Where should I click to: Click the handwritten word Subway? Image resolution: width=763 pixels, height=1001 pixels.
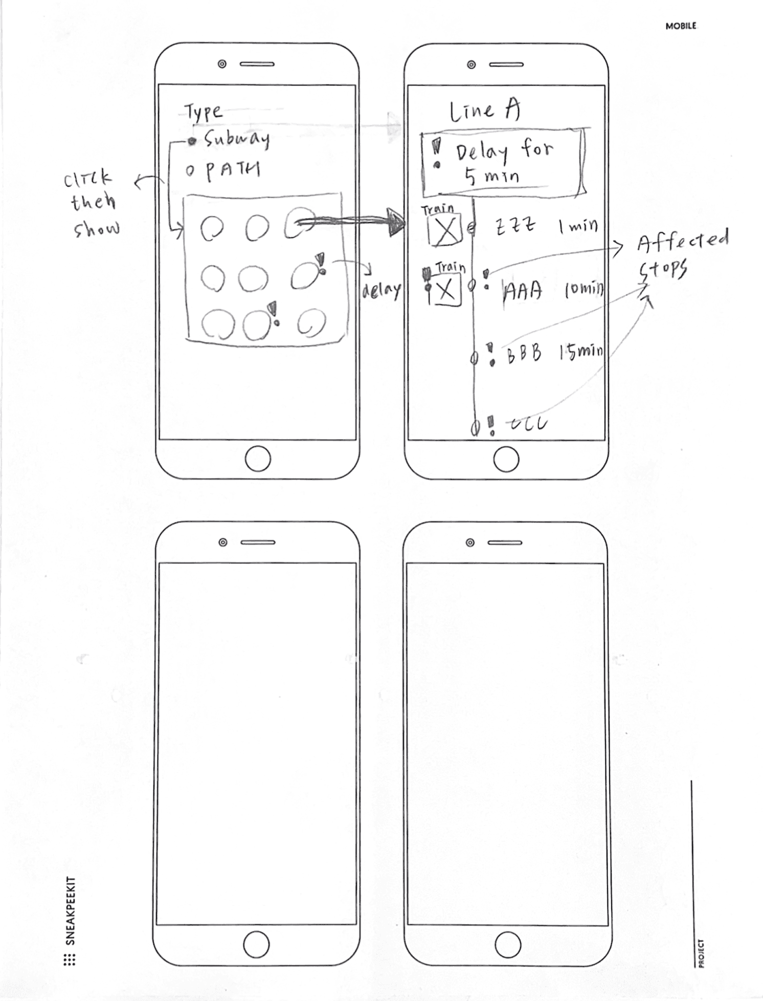pos(236,139)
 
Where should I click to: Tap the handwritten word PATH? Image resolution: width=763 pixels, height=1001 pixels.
pos(233,170)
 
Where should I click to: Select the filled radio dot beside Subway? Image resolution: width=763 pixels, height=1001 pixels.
pos(192,141)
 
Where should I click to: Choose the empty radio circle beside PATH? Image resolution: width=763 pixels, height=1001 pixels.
pos(190,171)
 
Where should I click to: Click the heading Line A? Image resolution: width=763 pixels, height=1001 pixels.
pos(484,111)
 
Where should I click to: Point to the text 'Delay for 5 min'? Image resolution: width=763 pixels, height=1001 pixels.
pos(503,163)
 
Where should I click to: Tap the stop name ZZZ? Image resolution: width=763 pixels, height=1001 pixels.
pos(515,226)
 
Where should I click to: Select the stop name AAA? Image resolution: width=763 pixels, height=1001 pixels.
pos(523,292)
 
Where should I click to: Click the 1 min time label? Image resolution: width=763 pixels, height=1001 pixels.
pos(578,226)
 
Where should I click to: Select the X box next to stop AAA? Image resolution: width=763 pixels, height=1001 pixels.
pos(446,291)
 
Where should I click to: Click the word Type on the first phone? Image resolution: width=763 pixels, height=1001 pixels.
pos(204,112)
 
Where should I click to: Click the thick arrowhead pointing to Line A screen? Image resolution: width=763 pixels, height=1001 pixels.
pos(395,222)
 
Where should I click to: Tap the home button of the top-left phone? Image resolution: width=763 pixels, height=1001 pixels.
pos(258,459)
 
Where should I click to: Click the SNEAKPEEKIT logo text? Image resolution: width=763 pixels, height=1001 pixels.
pos(71,911)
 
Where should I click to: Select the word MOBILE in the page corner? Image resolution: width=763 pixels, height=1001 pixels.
pos(680,26)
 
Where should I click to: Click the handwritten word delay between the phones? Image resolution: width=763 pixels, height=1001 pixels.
pos(381,291)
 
